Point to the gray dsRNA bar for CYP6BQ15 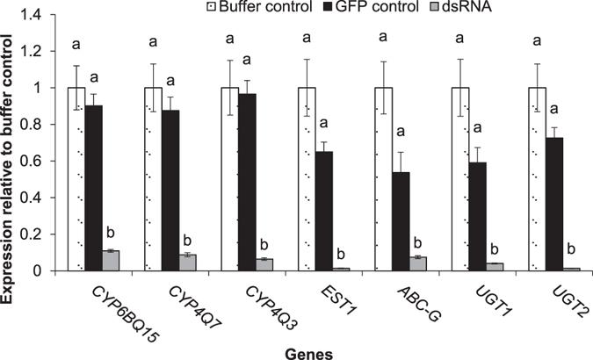(x=111, y=260)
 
